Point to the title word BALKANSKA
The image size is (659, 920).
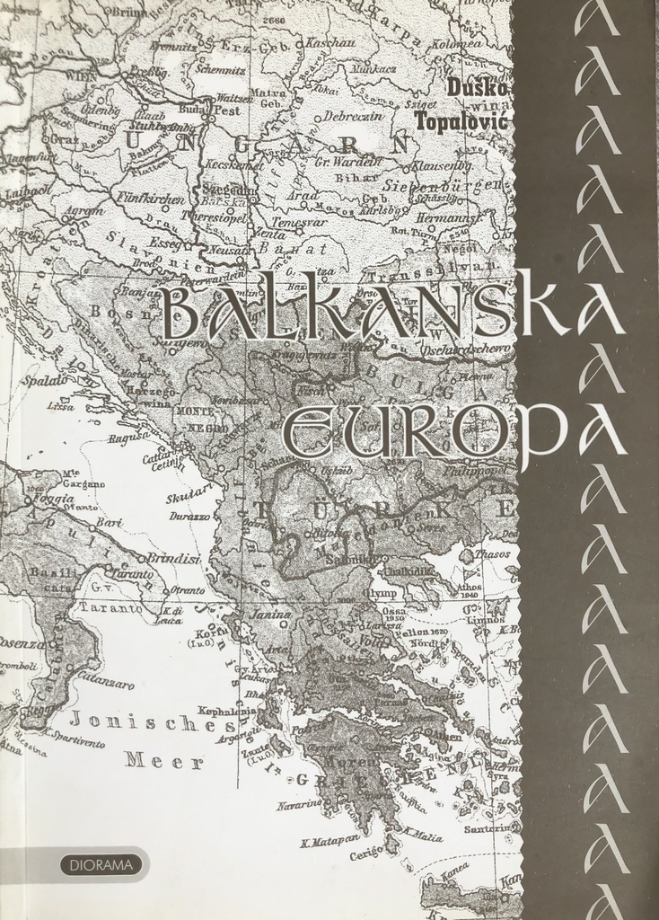393,313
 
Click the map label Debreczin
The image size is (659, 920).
353,116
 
